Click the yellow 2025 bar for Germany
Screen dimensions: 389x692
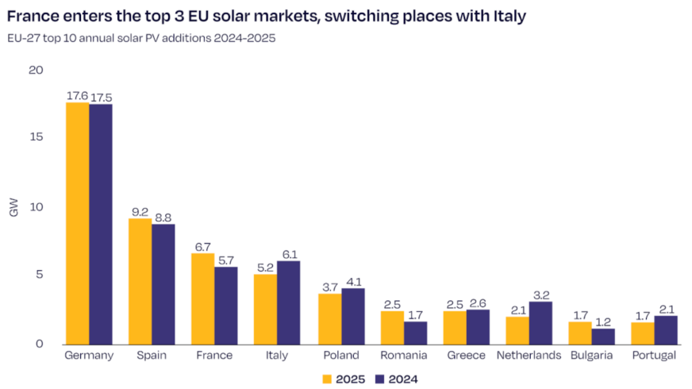(77, 223)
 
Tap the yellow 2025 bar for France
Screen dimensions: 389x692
(202, 298)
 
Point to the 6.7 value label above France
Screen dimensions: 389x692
(203, 246)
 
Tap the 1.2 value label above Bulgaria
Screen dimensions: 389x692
(603, 322)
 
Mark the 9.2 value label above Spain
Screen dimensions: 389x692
(140, 211)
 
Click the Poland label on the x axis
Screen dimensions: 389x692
(340, 356)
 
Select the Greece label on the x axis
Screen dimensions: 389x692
(465, 356)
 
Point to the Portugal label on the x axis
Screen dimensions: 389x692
(653, 356)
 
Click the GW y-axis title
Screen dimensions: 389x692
(13, 208)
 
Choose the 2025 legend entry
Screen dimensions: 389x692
(344, 379)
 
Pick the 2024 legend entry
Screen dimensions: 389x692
(395, 379)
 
